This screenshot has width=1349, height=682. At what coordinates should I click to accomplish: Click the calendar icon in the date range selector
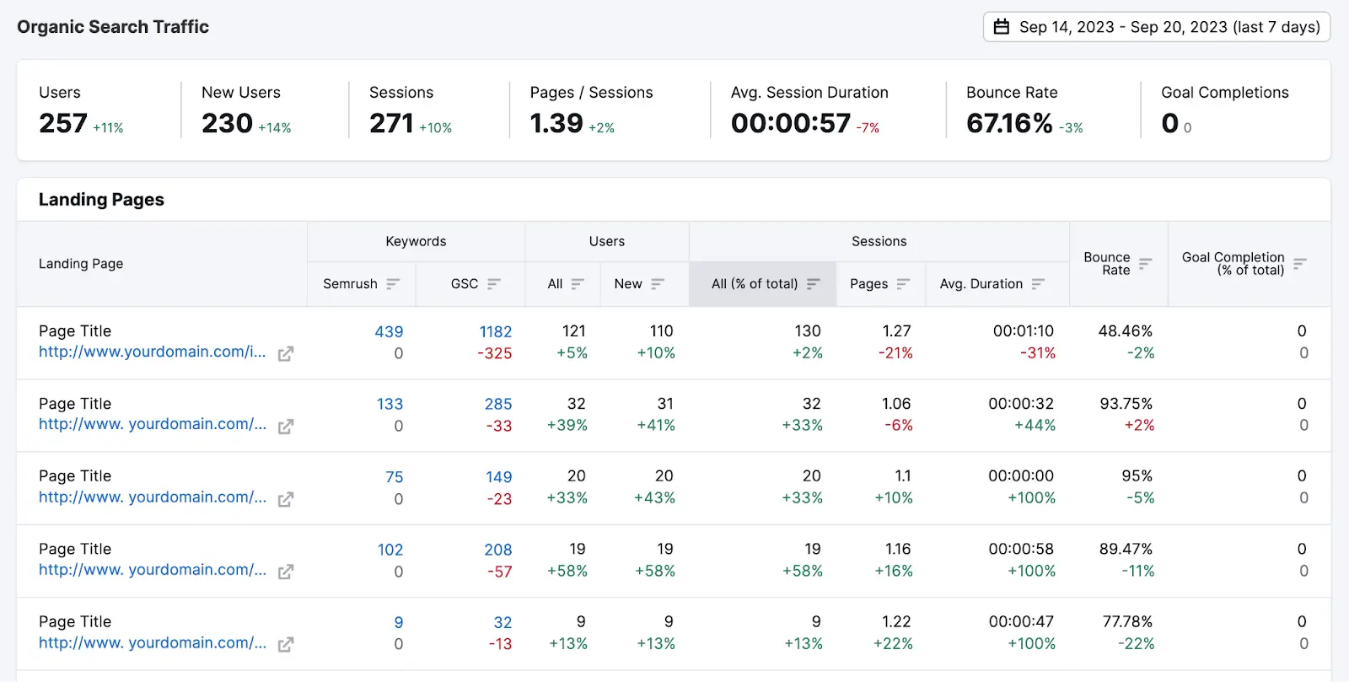[1002, 27]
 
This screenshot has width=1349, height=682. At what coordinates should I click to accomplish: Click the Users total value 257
[63, 123]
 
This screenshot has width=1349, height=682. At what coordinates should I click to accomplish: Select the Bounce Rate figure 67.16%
[1009, 123]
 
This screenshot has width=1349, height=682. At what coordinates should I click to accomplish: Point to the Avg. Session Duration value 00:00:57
[791, 123]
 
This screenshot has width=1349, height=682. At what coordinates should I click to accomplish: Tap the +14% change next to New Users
[275, 128]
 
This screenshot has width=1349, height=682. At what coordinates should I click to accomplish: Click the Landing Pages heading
[101, 200]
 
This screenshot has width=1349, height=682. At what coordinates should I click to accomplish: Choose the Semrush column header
[350, 284]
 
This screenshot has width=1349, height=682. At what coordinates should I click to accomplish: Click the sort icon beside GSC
[494, 284]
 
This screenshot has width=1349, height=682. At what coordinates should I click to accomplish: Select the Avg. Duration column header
[981, 284]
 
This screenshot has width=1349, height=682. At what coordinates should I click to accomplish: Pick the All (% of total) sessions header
[755, 284]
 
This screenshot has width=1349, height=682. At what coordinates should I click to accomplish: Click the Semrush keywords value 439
[389, 332]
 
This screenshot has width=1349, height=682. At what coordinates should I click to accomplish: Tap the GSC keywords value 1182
[496, 332]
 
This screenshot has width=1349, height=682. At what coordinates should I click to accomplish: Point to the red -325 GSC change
[495, 354]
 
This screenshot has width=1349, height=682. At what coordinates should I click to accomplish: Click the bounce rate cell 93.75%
[1126, 404]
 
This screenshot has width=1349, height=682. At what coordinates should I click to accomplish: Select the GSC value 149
[498, 477]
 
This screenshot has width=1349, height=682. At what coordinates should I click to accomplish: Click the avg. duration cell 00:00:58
[1021, 550]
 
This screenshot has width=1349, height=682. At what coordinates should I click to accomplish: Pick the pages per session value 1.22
[896, 622]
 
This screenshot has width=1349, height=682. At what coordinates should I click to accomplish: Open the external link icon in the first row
[286, 354]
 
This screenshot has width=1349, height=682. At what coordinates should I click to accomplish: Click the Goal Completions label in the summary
[1224, 93]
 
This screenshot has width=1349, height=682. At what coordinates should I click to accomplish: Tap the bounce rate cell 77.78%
[1127, 622]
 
